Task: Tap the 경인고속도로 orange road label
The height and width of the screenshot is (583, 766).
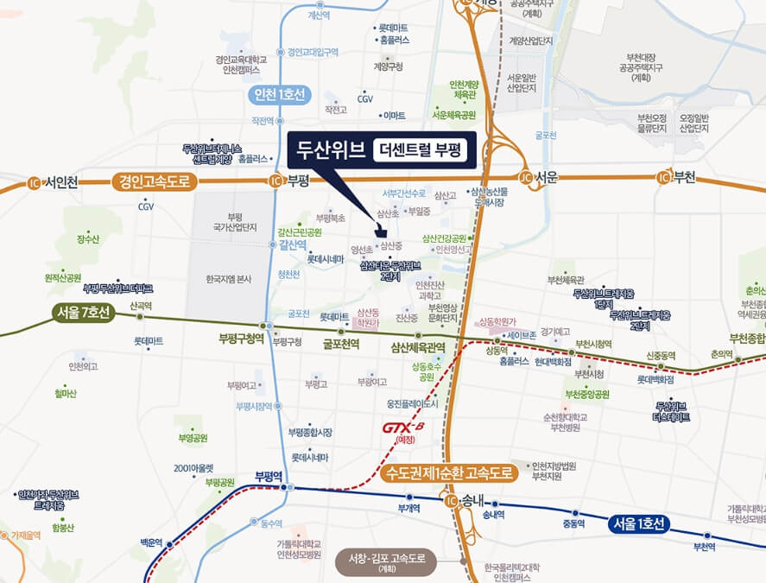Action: pos(155,181)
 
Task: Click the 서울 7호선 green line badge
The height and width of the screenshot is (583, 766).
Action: pos(82,313)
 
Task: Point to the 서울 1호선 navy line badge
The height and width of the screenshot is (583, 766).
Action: pos(638,523)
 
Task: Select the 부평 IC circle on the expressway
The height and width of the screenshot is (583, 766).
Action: pos(275,181)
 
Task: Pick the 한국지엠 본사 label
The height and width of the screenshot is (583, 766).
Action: pos(229,279)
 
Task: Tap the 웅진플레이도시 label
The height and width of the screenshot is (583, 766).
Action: pos(413,403)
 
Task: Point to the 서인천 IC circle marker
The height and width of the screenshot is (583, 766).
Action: pos(35,182)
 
